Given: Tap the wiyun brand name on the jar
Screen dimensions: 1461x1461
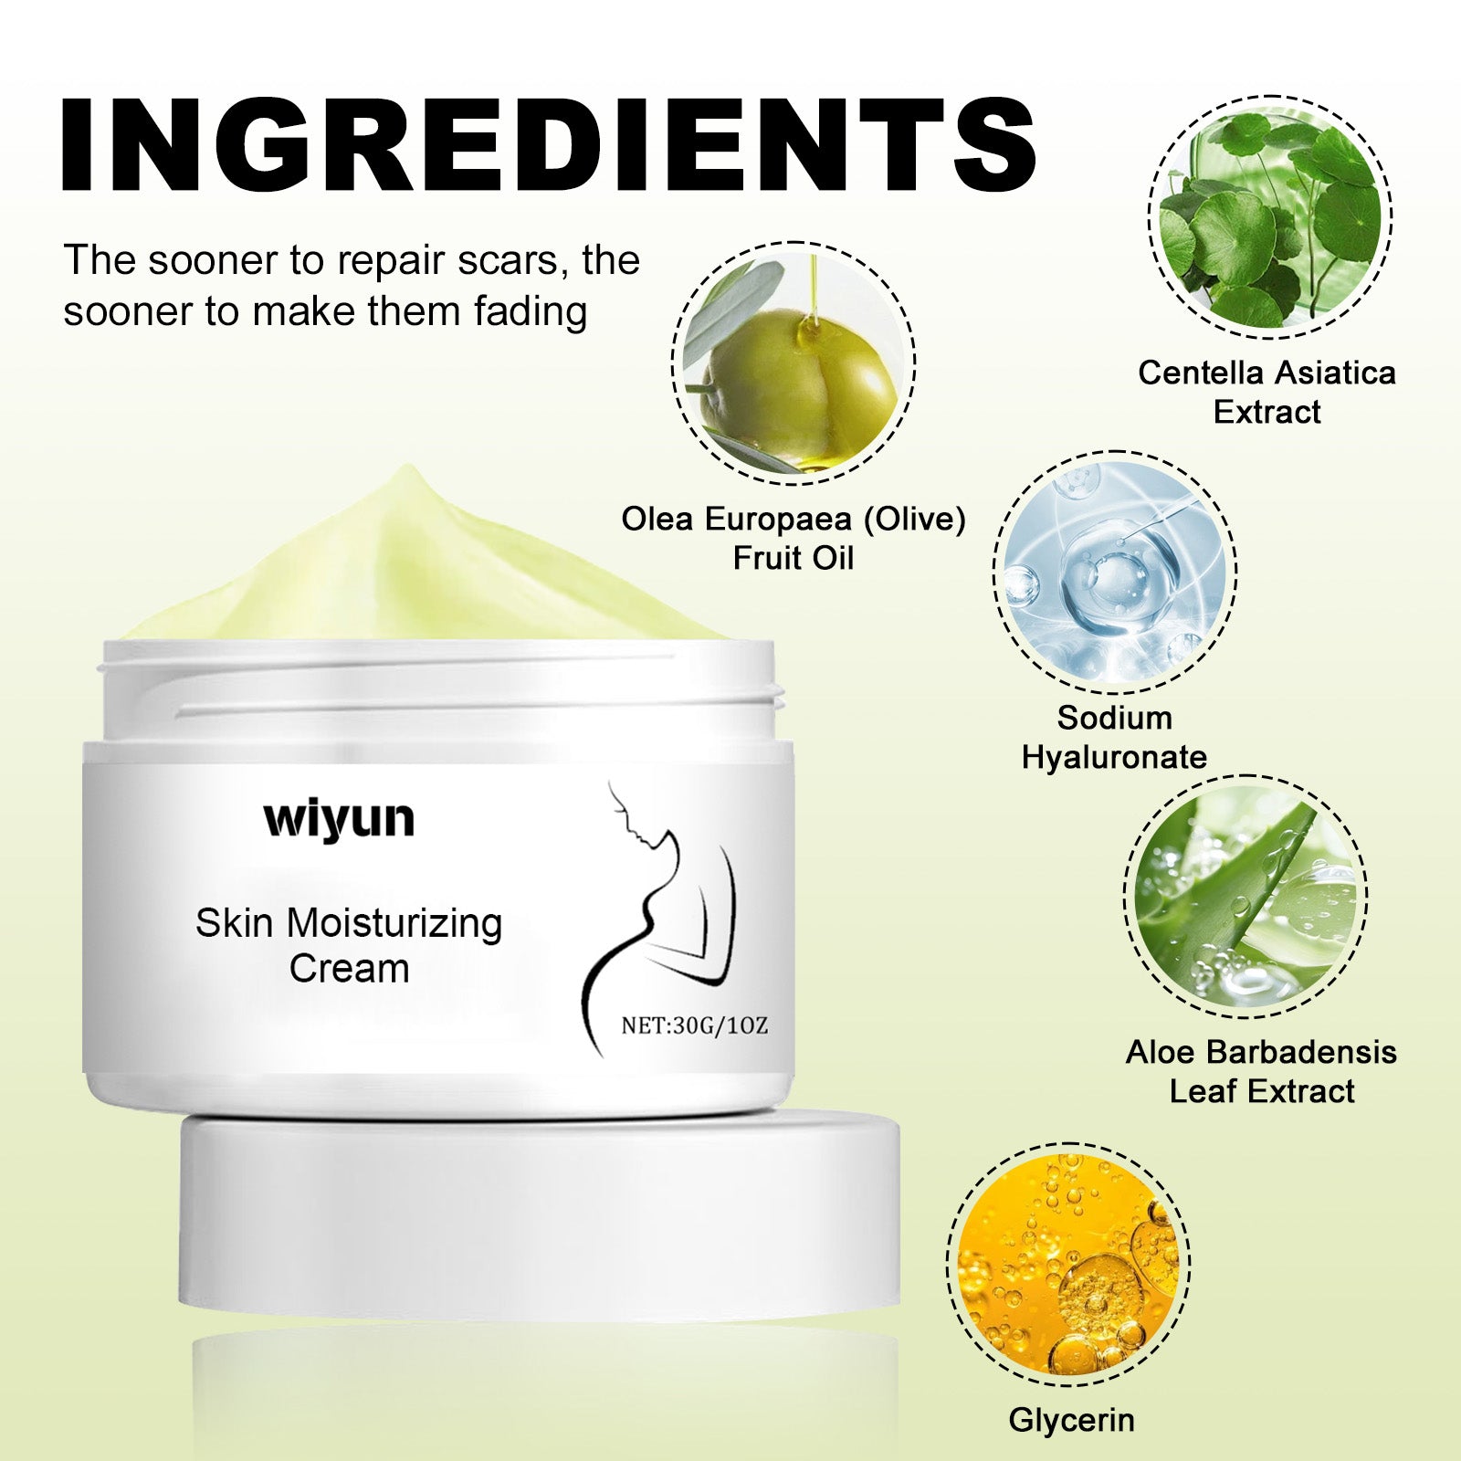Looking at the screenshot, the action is point(339,819).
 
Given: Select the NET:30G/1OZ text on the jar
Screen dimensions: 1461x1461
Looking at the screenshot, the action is point(694,1025).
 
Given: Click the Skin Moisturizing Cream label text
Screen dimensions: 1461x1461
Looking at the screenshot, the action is point(349,945).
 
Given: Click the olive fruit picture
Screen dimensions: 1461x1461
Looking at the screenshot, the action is point(794,363).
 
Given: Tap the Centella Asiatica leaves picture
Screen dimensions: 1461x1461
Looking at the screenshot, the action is point(1270,217).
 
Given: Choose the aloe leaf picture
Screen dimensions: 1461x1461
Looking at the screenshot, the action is point(1246,897).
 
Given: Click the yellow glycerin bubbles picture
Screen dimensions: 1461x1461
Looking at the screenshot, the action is point(1068,1265).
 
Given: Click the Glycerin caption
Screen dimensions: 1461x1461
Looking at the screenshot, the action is point(1071,1420).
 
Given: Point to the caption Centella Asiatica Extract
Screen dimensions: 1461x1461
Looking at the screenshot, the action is point(1267,392).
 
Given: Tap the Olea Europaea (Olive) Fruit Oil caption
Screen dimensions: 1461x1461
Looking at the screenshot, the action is point(794,538).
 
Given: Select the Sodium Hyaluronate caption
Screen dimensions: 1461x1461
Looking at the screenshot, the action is point(1114,737).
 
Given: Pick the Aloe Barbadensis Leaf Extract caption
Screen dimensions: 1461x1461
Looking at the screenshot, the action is point(1261,1071).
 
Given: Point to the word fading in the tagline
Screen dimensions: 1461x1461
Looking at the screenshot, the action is point(531,313).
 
